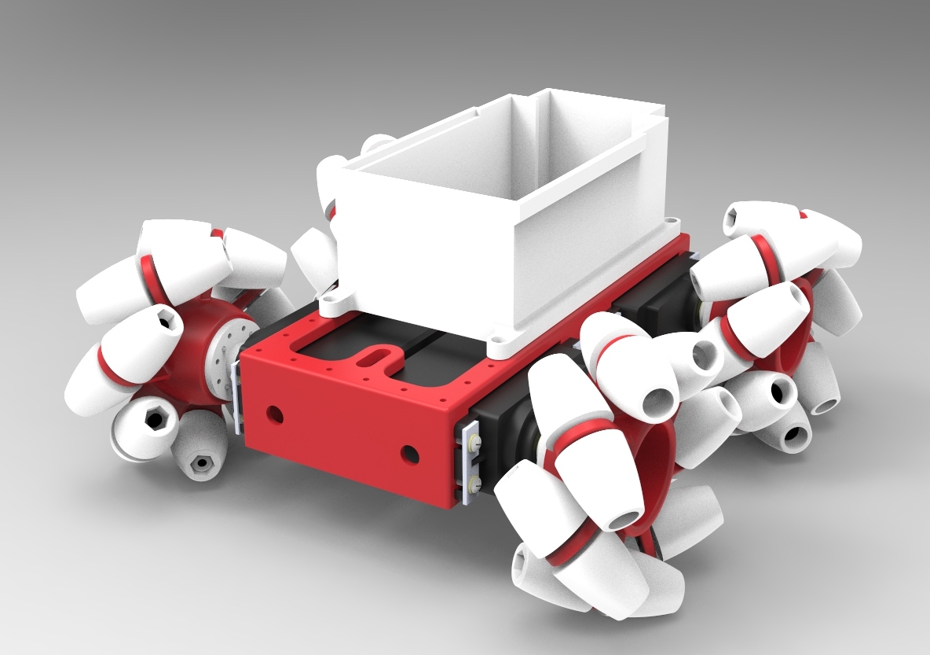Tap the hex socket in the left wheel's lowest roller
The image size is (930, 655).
[x=202, y=462]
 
